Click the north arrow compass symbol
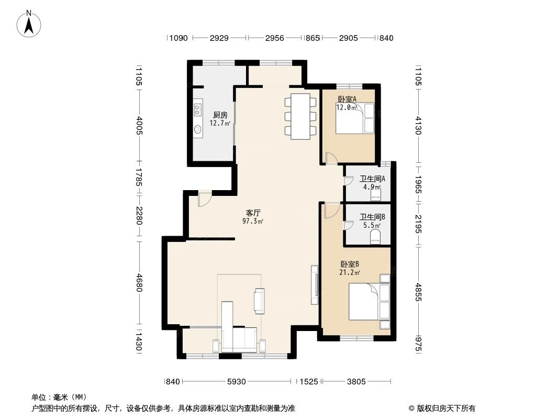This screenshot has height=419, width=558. click(x=29, y=24)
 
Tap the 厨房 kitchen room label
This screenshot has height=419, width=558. click(x=220, y=115)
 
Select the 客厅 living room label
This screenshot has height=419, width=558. click(x=253, y=213)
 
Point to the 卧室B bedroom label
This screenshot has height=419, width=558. click(x=350, y=264)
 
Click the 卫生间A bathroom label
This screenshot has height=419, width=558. click(x=372, y=179)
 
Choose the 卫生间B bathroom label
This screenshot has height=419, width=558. click(x=372, y=217)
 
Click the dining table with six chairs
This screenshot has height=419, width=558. click(x=300, y=116)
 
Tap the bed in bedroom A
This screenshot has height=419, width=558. click(x=355, y=118)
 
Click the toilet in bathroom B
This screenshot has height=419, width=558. click(x=375, y=237)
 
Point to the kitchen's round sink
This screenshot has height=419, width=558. click(x=198, y=129)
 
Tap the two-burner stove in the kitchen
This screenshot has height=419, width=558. click(x=198, y=109)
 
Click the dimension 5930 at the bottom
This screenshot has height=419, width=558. click(x=236, y=382)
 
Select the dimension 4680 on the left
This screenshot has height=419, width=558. click(x=139, y=283)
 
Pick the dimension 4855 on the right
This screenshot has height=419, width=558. click(x=419, y=292)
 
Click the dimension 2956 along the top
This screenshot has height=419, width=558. click(x=275, y=38)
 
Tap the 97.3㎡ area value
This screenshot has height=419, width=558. click(x=253, y=221)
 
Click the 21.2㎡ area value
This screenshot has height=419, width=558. click(x=350, y=273)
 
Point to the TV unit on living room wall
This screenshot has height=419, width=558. click(x=315, y=285)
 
